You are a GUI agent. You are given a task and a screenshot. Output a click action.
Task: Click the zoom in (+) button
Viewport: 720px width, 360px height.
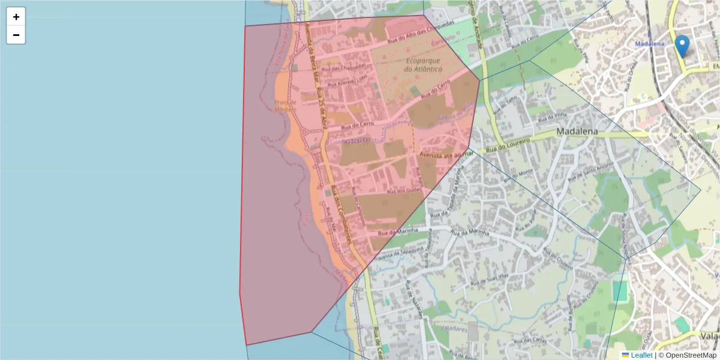[16, 17]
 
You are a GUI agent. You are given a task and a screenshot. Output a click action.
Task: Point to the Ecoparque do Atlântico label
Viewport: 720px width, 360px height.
[423, 65]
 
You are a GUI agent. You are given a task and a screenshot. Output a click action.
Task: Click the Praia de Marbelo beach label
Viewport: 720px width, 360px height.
[286, 106]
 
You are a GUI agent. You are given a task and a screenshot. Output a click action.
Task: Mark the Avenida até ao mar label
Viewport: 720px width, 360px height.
[446, 154]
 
